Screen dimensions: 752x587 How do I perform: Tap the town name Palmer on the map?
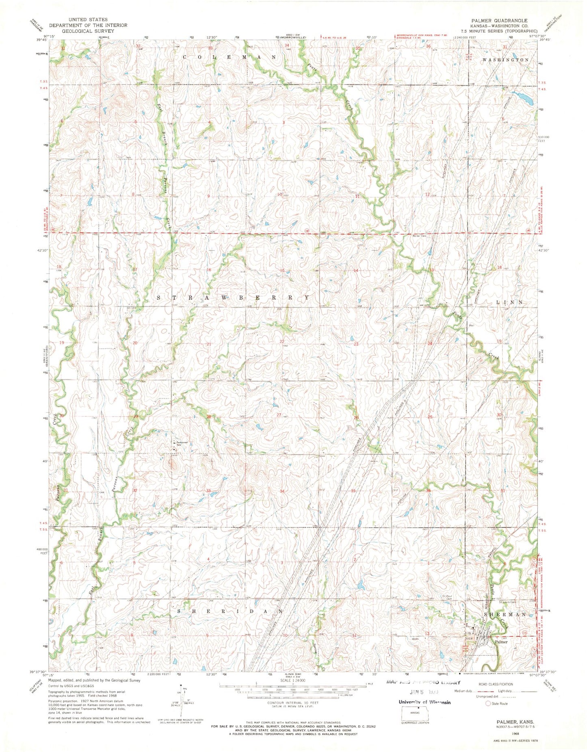(501, 642)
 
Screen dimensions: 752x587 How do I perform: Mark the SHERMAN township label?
(505, 615)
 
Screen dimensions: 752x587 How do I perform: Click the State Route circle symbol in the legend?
(488, 703)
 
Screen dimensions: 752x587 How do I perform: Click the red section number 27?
(279, 415)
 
